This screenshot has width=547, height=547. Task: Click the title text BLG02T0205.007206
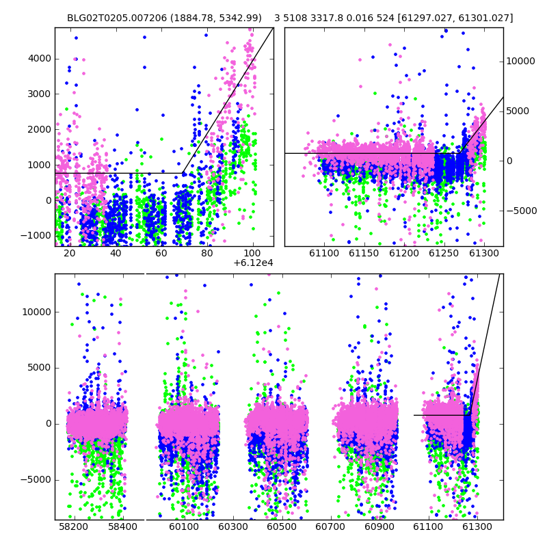point(117,18)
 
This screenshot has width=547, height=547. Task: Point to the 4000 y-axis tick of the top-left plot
point(40,59)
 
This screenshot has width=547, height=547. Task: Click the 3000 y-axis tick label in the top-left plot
point(40,94)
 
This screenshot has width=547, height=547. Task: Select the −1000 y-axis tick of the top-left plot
point(36,235)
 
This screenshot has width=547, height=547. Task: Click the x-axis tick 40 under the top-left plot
point(116,253)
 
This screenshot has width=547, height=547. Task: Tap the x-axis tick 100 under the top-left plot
point(252,253)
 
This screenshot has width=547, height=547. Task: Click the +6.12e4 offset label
point(253,263)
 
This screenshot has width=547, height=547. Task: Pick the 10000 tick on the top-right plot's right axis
point(520,61)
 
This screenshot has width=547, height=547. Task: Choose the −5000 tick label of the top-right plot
point(522,211)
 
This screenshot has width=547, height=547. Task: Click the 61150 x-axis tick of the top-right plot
point(364,254)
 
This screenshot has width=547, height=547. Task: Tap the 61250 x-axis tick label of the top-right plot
point(444,254)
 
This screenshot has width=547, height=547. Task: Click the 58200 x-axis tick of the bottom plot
point(73,526)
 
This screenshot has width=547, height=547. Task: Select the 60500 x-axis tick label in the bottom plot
point(282,526)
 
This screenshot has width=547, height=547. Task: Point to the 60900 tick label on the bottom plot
point(379,526)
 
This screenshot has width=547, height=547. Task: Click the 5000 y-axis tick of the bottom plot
point(40,368)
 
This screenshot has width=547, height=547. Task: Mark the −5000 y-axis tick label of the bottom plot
point(36,480)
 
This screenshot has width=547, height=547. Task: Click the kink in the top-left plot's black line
point(183,173)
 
